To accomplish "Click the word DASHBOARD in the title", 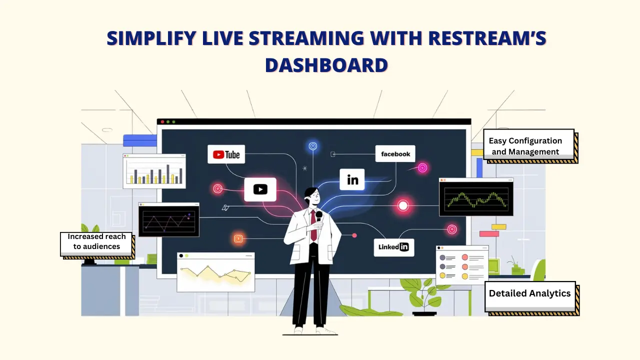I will [326, 65].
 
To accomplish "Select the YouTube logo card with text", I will [226, 154].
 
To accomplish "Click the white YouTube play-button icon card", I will [260, 189].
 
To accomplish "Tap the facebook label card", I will [395, 154].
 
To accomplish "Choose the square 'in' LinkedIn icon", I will [352, 179].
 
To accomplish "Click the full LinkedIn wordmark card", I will [393, 247].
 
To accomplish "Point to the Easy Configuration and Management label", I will [528, 146].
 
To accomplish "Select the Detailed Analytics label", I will [529, 293].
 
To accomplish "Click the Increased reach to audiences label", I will [97, 241].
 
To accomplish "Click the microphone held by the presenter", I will [318, 215].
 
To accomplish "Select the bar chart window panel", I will [154, 171].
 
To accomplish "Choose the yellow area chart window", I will [215, 272].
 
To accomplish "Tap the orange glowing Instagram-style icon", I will [238, 238].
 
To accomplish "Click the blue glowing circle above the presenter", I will [313, 146].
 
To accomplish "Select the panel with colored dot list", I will [461, 265].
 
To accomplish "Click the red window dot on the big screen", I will [162, 121].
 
